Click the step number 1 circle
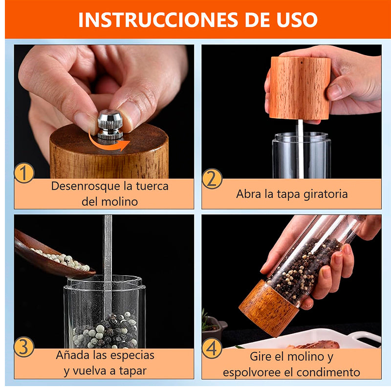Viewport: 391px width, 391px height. (24, 174)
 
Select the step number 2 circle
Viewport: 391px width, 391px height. (212, 178)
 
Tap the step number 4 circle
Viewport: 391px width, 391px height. (212, 348)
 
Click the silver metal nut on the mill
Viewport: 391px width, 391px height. (110, 124)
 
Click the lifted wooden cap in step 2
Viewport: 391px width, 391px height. (300, 88)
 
